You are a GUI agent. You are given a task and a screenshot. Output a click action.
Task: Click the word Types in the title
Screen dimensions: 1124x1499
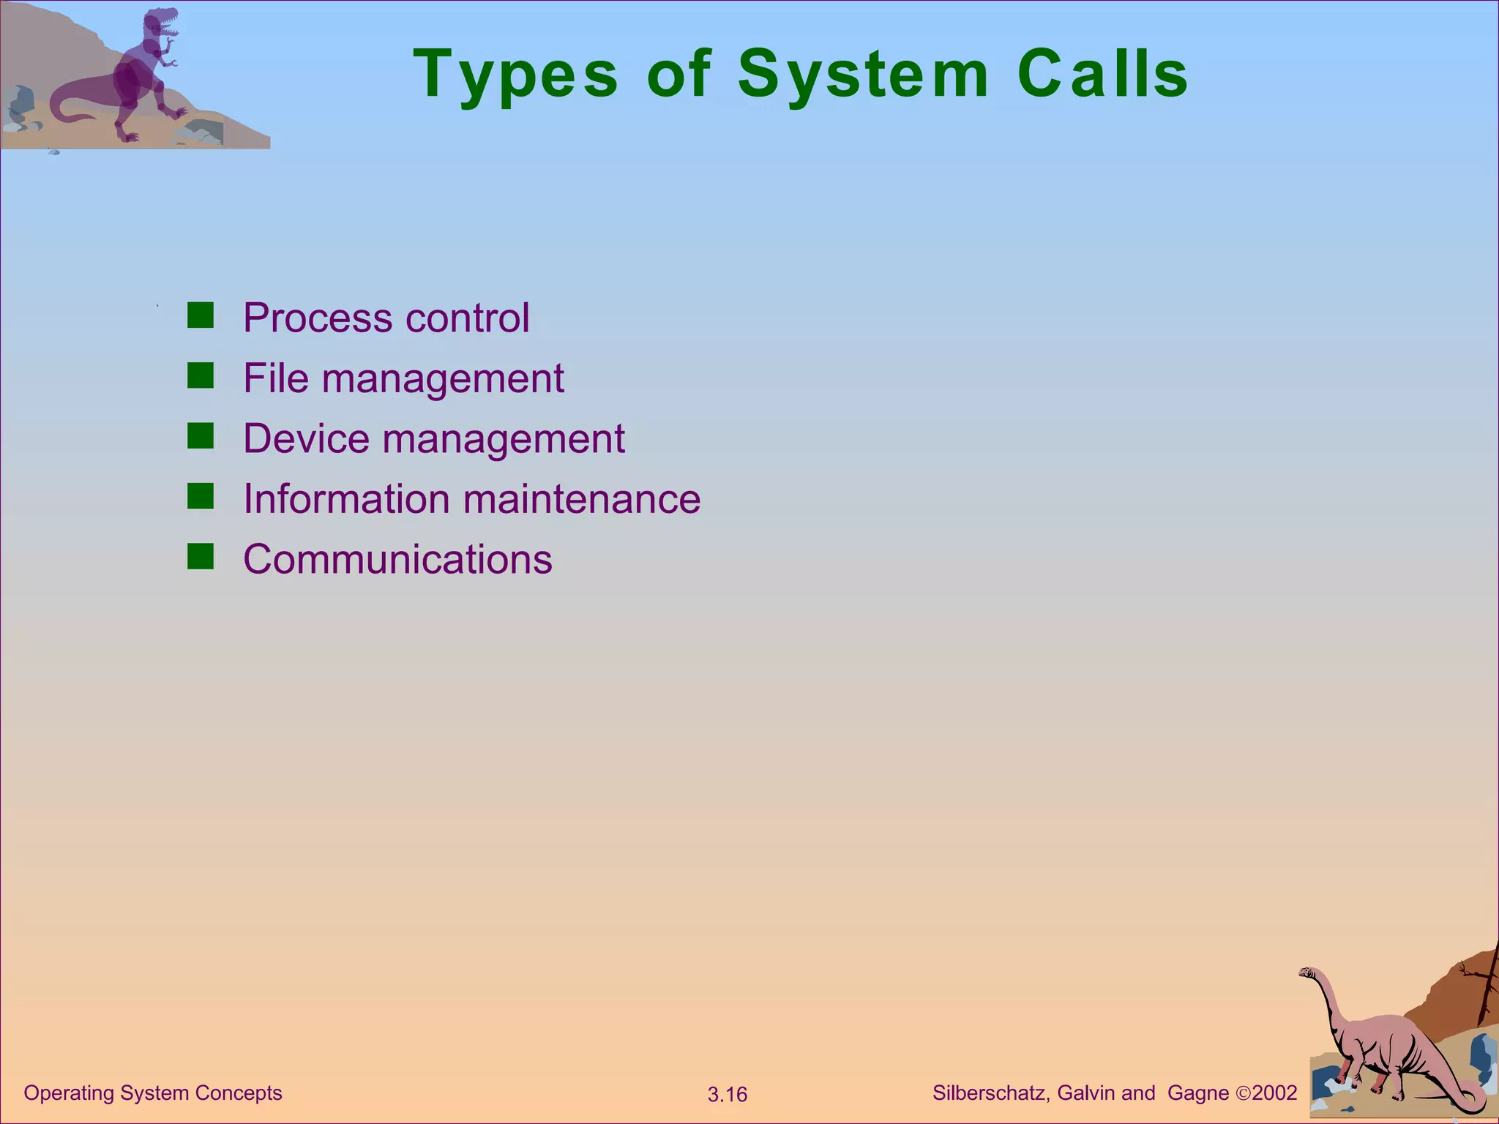click(516, 75)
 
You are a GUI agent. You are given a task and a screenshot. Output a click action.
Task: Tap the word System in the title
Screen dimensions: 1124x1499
click(864, 75)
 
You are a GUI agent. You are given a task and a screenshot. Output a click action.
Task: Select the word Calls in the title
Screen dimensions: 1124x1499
click(1103, 75)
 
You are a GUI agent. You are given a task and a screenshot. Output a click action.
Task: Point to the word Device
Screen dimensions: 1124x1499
click(306, 439)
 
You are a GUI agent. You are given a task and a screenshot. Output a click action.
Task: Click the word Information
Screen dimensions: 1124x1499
click(346, 499)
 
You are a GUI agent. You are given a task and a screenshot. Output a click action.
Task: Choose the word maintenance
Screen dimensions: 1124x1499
click(582, 499)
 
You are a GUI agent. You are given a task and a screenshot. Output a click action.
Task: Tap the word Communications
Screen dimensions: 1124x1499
click(397, 560)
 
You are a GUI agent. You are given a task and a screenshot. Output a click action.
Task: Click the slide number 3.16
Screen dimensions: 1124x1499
click(727, 1095)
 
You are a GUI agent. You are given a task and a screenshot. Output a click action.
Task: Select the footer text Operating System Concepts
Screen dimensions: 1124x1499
click(153, 1093)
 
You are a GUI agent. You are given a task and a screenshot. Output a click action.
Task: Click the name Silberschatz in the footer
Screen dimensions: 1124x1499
click(991, 1093)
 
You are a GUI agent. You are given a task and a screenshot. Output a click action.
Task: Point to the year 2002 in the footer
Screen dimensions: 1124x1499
click(1274, 1093)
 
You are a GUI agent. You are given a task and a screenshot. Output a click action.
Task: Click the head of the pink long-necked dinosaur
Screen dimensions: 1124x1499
click(1307, 973)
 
